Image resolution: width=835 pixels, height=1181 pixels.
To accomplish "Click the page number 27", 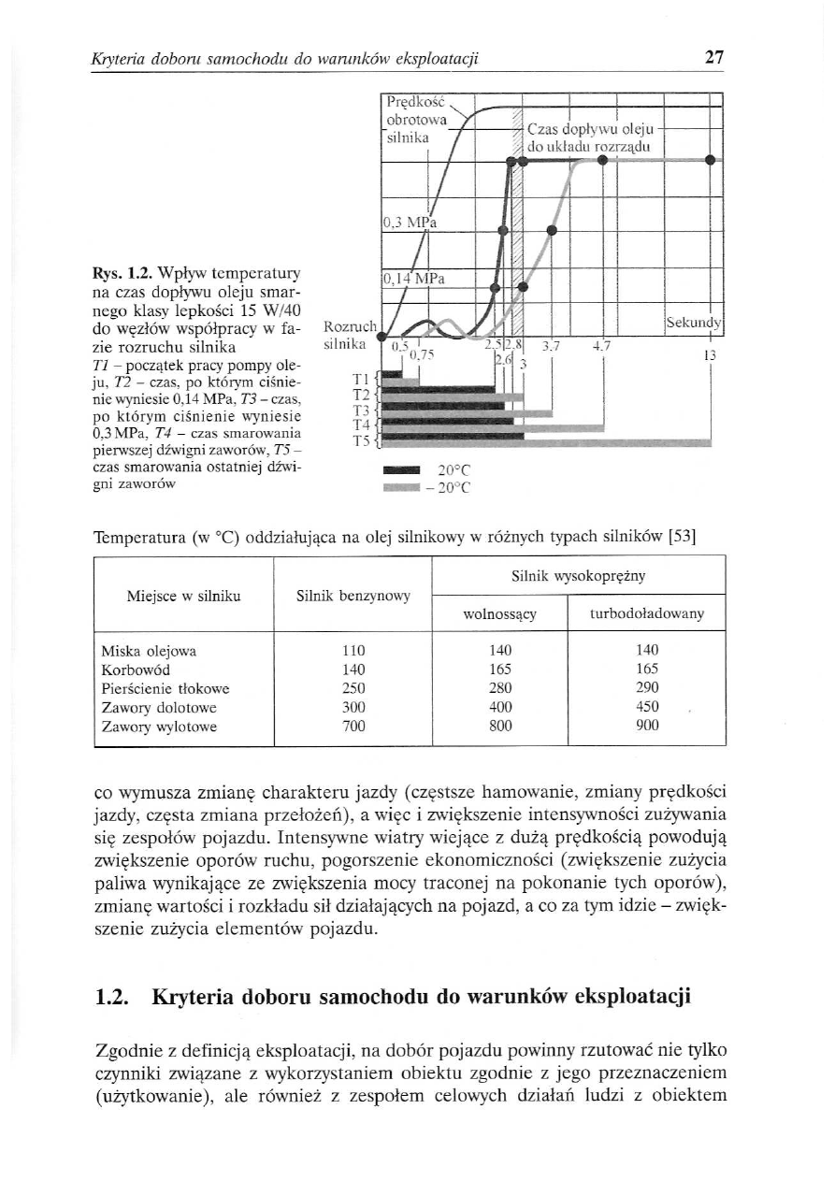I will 714,58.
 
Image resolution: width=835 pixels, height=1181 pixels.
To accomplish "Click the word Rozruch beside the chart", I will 347,326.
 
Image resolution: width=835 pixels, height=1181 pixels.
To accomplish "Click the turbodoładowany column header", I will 647,614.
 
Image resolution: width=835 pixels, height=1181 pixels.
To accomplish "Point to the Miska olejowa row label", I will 149,650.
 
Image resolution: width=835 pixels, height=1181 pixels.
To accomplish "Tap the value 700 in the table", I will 353,725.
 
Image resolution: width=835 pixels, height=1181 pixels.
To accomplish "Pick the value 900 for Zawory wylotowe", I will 647,725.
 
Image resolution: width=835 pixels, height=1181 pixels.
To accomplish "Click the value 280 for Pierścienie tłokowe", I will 501,687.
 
